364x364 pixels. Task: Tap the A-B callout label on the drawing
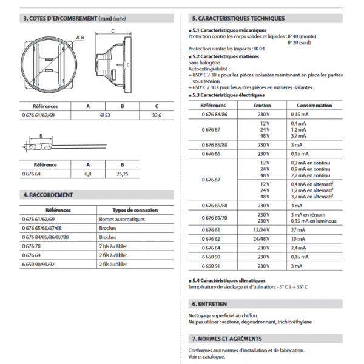(x=79, y=38)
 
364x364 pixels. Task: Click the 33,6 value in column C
(x=156, y=115)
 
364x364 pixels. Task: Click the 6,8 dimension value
(x=89, y=174)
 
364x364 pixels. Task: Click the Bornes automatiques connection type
(x=122, y=218)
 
